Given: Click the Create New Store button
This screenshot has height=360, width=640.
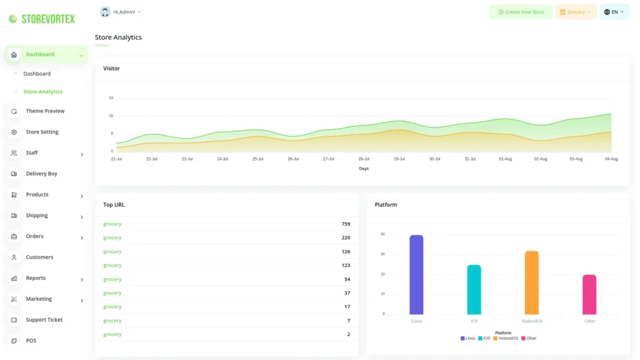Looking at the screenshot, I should pyautogui.click(x=521, y=12).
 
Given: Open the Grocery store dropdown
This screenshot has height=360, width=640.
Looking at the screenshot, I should pyautogui.click(x=576, y=12).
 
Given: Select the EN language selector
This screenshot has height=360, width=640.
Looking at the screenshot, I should pyautogui.click(x=614, y=12).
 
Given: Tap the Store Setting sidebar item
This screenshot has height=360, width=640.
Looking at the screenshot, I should pyautogui.click(x=42, y=132).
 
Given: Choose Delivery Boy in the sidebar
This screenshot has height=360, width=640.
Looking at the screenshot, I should pyautogui.click(x=41, y=174).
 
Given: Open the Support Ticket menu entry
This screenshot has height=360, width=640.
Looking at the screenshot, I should pyautogui.click(x=44, y=320).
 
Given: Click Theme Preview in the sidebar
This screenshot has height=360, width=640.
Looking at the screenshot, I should pyautogui.click(x=45, y=111).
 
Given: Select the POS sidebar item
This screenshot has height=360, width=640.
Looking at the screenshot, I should pyautogui.click(x=31, y=341).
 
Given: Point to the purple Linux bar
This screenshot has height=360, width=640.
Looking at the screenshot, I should pyautogui.click(x=416, y=275).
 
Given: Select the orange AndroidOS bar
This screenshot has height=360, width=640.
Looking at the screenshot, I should pyautogui.click(x=532, y=282).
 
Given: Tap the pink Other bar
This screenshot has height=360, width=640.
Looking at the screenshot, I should pyautogui.click(x=589, y=294).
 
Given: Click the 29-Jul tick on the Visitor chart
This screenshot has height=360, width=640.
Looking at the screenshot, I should pyautogui.click(x=399, y=159).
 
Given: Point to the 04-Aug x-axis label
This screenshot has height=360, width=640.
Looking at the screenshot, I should pyautogui.click(x=611, y=159).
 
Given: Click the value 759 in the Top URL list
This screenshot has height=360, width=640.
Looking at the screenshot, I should pyautogui.click(x=346, y=224).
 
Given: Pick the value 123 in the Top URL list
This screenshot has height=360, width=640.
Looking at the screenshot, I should pyautogui.click(x=346, y=266).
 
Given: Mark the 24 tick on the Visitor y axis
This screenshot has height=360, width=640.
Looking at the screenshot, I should pyautogui.click(x=111, y=98).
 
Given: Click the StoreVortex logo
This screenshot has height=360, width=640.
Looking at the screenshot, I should pyautogui.click(x=41, y=19).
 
